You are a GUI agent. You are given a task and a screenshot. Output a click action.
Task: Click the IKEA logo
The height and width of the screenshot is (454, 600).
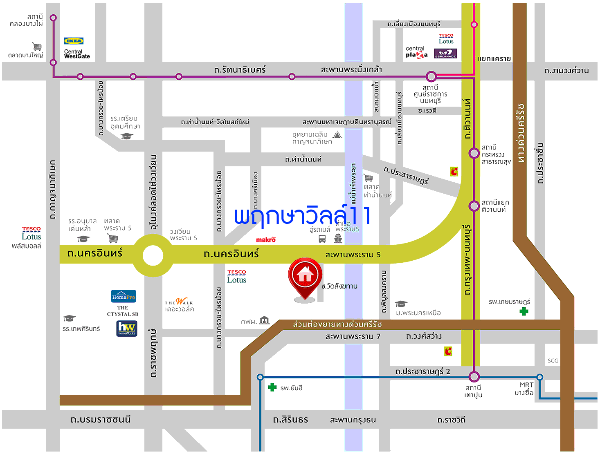click(74, 41)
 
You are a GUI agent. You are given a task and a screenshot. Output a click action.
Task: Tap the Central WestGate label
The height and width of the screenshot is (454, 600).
click(76, 54)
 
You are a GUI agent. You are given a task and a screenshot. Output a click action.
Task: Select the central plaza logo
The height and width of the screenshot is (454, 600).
click(416, 52)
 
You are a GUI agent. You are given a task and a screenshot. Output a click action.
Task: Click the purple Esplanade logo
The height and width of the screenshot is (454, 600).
click(445, 54)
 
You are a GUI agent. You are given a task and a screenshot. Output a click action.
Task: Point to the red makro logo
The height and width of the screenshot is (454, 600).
click(266, 240)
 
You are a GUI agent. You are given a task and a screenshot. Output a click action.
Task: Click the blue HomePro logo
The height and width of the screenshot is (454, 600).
click(124, 296)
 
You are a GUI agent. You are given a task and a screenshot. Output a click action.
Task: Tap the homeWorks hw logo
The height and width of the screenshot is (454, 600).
click(127, 328)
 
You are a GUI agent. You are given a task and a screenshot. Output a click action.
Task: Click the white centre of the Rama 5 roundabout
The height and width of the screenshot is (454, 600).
click(153, 256)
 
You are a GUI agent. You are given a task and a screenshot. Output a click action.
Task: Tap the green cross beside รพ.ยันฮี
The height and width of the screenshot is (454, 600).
click(272, 387)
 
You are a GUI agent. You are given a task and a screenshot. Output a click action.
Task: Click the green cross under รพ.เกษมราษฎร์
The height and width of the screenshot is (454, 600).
click(524, 311)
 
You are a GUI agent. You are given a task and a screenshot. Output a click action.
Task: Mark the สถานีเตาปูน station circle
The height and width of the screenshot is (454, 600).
click(474, 376)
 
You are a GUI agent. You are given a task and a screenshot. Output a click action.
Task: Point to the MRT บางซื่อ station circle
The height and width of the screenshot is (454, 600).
click(540, 377)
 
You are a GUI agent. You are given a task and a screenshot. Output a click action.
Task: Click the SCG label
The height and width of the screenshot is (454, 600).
click(553, 361)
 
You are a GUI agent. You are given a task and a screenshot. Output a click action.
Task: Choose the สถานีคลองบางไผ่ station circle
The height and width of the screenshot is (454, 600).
click(53, 18)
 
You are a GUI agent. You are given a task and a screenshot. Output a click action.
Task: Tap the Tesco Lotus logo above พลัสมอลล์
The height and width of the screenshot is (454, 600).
click(31, 234)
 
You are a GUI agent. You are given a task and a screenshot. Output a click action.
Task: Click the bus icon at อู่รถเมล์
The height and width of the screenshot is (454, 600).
click(322, 239)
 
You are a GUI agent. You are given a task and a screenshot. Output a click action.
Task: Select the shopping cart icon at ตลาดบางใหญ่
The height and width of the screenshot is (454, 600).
click(37, 46)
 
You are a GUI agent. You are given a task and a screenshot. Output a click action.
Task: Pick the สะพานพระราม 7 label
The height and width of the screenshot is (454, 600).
click(353, 336)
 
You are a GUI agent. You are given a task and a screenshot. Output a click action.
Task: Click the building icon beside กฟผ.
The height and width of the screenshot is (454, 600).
click(265, 320)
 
